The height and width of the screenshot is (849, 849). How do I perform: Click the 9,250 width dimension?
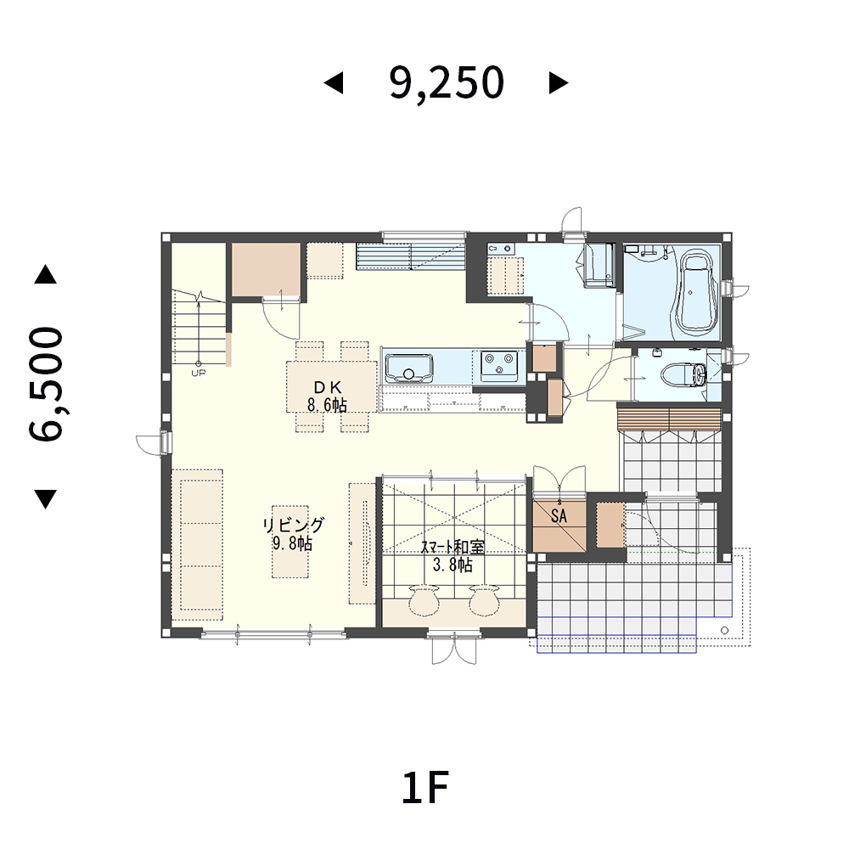[447, 83]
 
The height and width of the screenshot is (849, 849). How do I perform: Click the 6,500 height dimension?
[46, 384]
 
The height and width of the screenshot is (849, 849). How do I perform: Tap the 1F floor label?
[425, 788]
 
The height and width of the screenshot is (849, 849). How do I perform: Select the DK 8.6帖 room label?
[327, 396]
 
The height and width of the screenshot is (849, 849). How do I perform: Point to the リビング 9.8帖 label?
[293, 534]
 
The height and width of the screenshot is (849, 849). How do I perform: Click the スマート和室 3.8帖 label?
[453, 556]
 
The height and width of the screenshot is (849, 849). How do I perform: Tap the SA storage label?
[559, 516]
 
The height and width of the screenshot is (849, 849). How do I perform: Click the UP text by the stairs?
[198, 373]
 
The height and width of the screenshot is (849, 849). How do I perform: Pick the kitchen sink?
[409, 368]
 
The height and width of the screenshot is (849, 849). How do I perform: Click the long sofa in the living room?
[198, 544]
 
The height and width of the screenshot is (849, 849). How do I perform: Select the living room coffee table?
[290, 542]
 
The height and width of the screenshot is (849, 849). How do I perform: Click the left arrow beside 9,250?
[334, 83]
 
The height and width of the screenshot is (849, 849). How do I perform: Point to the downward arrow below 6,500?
[46, 499]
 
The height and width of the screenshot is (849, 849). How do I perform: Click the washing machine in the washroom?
[599, 264]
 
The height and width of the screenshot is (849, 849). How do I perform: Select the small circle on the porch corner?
[724, 630]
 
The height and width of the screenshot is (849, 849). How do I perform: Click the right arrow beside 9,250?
[559, 83]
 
